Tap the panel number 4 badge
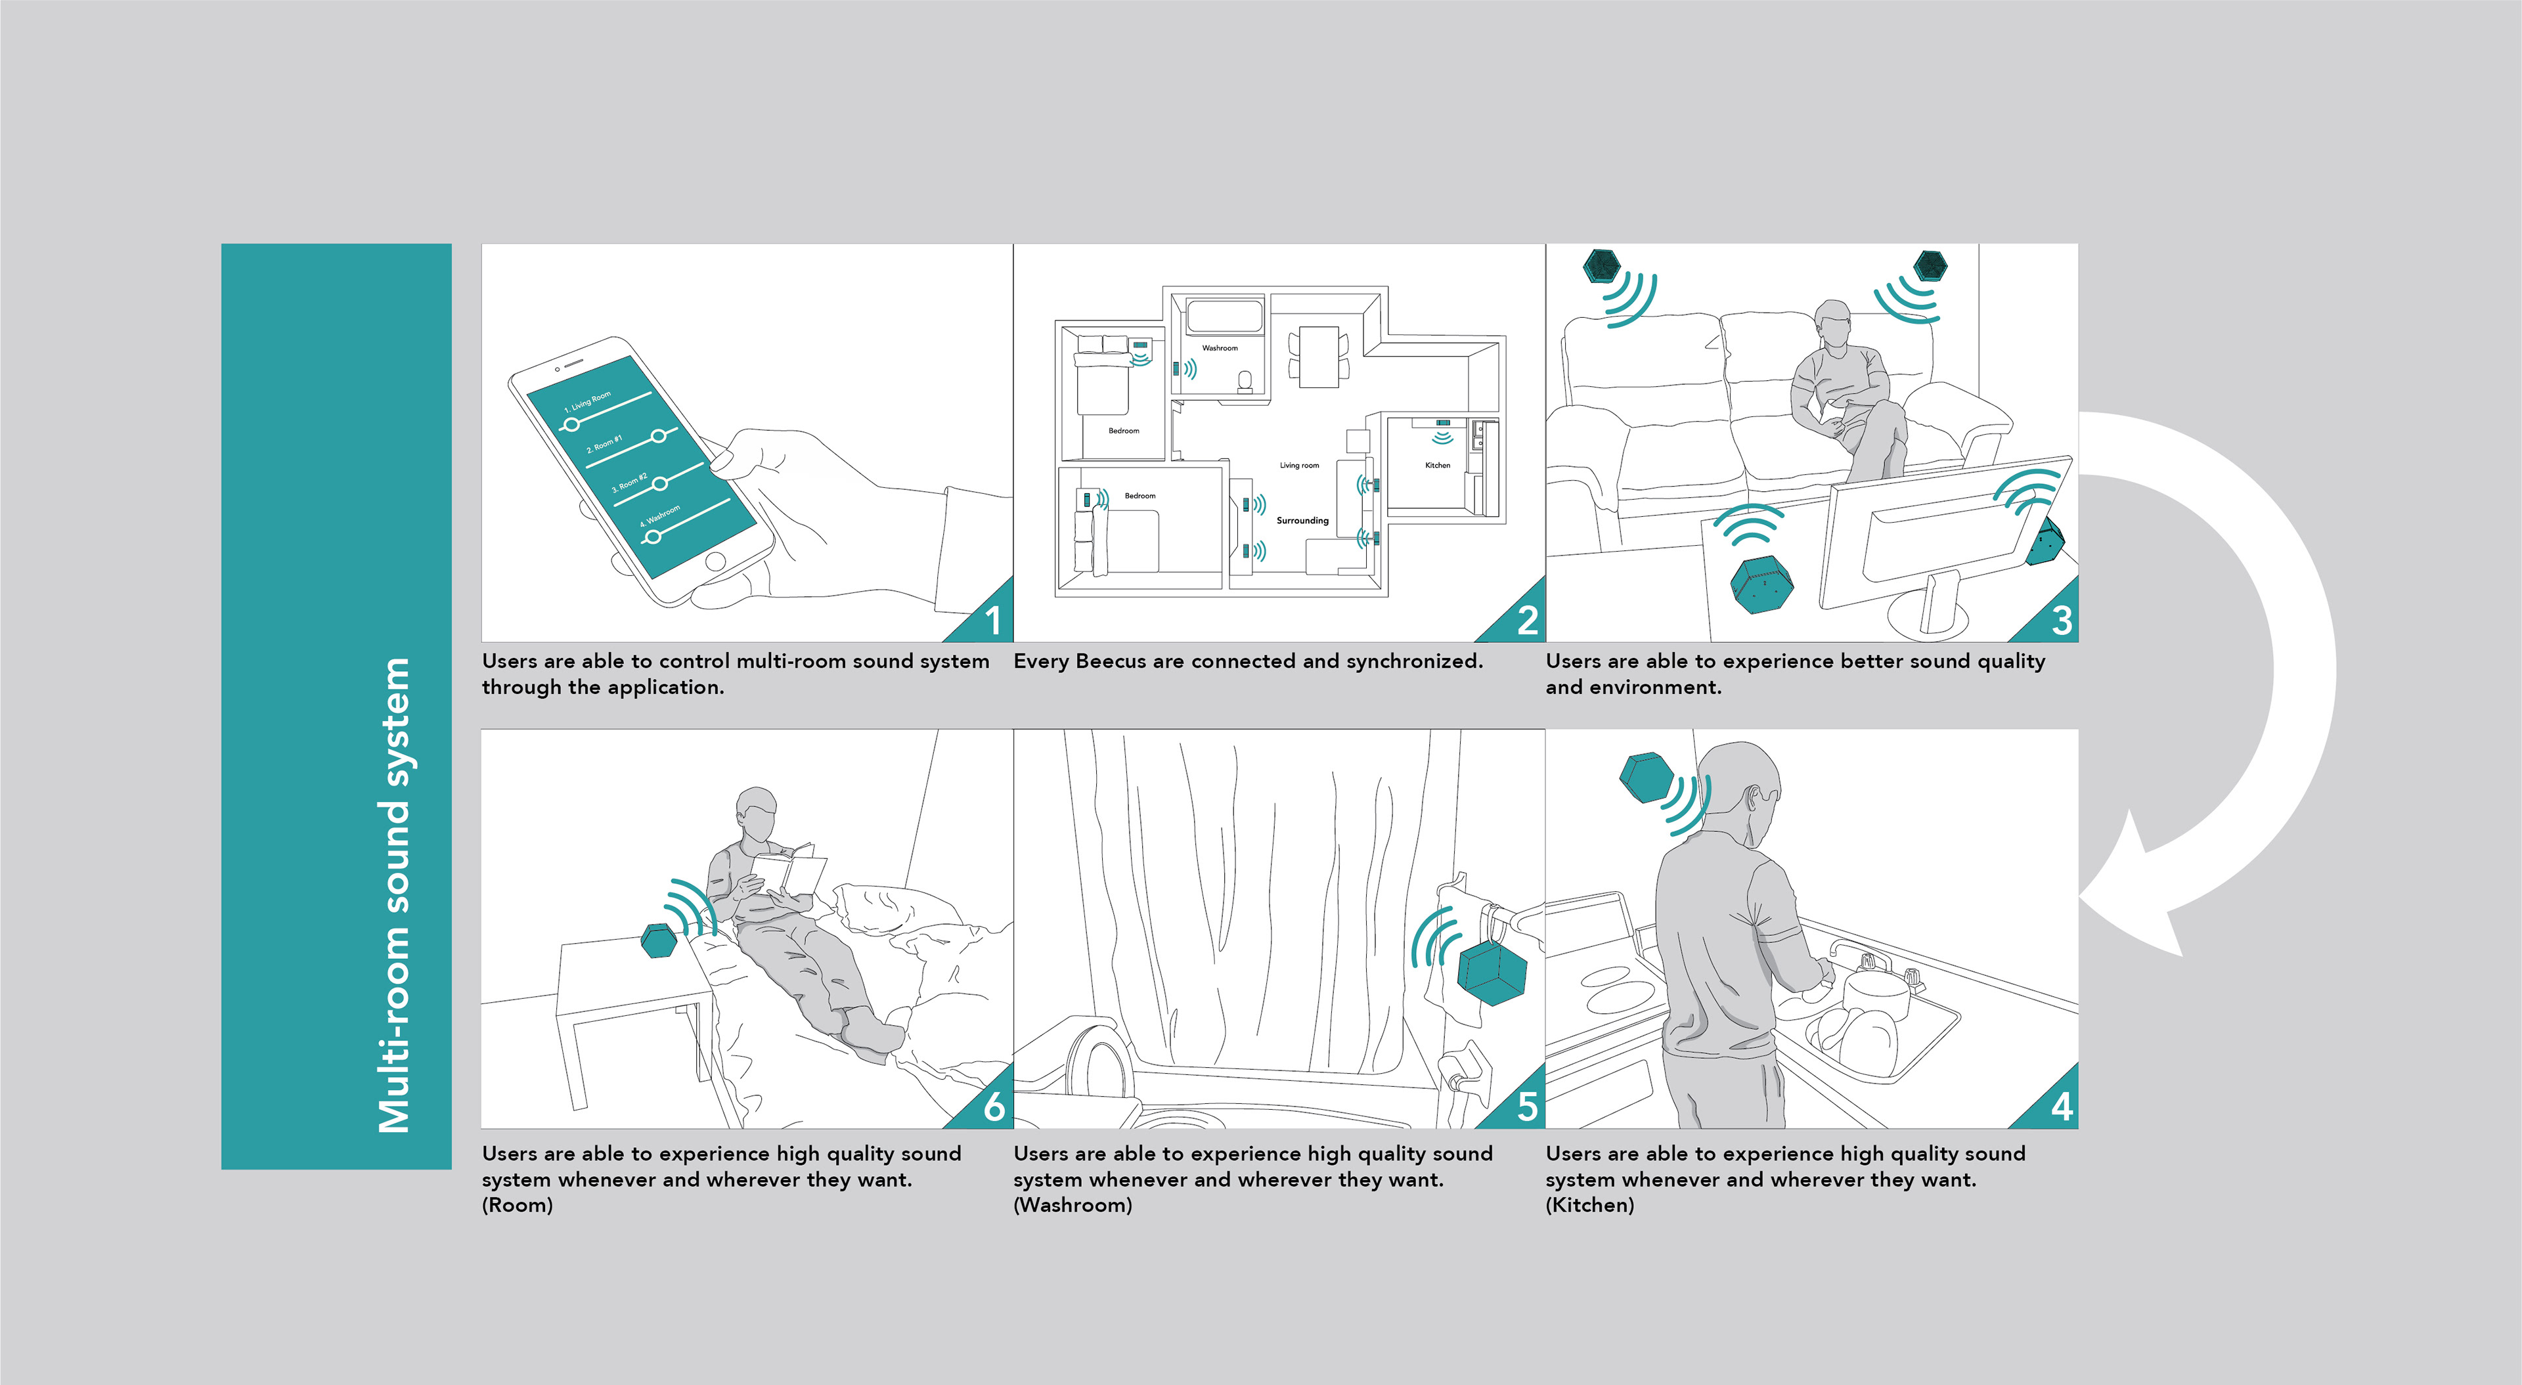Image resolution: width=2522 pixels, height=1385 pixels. click(x=2061, y=1106)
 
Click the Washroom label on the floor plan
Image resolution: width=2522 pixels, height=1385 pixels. click(x=1219, y=347)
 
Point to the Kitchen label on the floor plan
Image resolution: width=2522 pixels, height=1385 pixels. click(x=1437, y=465)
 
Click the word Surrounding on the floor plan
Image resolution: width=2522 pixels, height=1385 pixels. click(x=1302, y=521)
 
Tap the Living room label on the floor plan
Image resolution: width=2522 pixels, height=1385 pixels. click(x=1299, y=465)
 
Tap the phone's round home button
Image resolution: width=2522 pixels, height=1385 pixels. click(x=715, y=562)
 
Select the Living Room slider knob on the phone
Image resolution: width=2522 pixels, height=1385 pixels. click(x=571, y=424)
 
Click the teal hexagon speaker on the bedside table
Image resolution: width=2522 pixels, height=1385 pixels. click(x=658, y=940)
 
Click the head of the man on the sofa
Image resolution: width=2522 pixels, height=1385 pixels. click(x=1832, y=323)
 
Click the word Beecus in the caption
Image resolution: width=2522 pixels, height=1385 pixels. click(x=1110, y=662)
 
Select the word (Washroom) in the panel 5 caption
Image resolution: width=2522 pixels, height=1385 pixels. click(x=1073, y=1205)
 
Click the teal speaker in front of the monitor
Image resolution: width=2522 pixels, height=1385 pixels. click(x=1759, y=583)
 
